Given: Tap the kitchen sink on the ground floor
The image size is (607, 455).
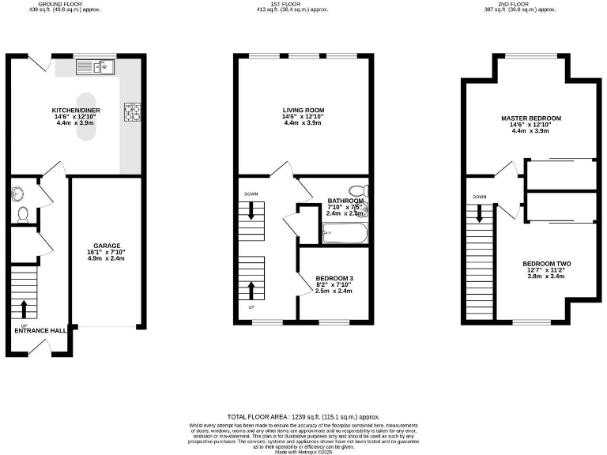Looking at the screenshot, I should click(96, 68).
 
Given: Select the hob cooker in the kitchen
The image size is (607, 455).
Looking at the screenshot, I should click(131, 112).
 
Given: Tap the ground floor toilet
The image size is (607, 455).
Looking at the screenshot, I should click(22, 212).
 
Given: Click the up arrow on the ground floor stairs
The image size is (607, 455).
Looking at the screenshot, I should click(24, 308).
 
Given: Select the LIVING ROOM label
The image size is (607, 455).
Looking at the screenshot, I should click(303, 110).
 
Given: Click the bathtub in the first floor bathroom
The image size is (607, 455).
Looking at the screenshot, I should click(345, 234).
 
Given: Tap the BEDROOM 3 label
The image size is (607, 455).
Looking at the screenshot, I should click(334, 278).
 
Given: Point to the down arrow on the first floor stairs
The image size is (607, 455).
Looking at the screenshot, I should click(251, 211).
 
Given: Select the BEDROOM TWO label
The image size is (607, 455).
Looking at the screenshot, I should click(546, 264).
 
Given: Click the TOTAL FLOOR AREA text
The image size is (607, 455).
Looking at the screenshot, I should click(303, 416).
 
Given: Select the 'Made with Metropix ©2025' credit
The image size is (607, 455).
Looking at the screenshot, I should click(303, 451).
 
